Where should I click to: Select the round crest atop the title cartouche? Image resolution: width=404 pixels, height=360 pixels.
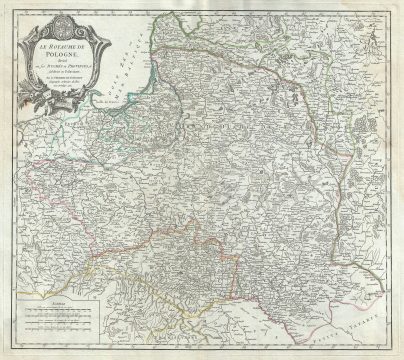(x=62, y=22)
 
